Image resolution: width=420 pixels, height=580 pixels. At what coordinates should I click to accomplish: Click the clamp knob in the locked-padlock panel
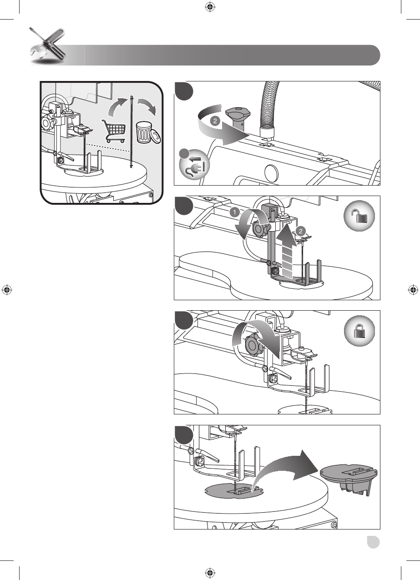click(x=253, y=346)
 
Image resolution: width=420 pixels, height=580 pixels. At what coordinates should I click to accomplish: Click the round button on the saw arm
click(x=270, y=173)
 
